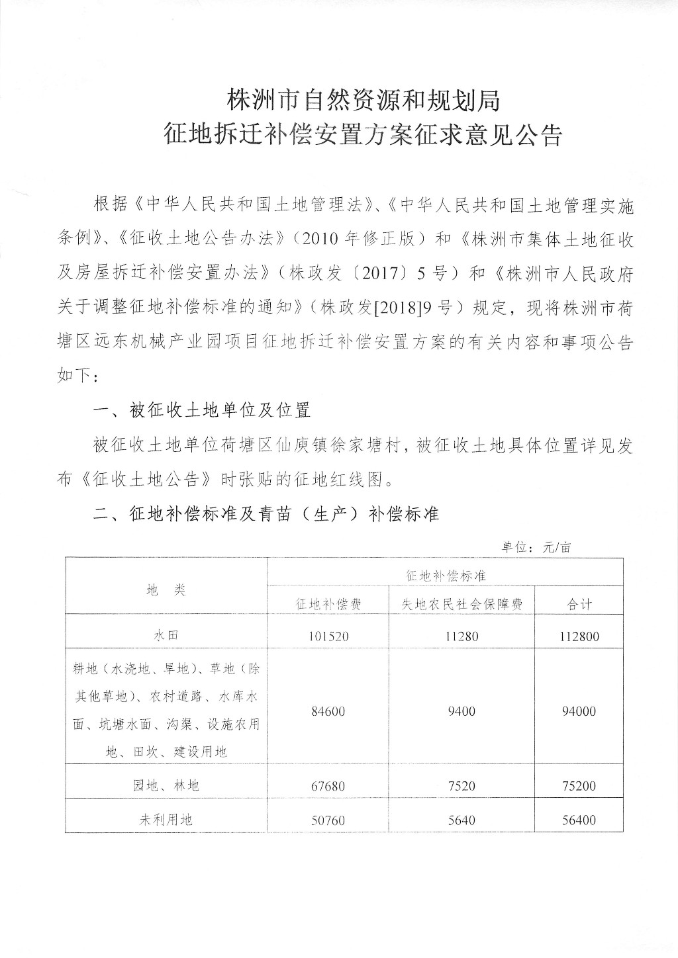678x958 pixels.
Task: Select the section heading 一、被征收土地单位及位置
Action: [x=203, y=411]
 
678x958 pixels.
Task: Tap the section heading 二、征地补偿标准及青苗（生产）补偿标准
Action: [x=267, y=514]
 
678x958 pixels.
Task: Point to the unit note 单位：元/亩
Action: [x=536, y=548]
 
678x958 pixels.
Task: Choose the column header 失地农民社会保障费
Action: [x=461, y=604]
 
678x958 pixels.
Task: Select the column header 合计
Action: [x=580, y=604]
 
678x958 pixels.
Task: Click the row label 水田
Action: [x=166, y=636]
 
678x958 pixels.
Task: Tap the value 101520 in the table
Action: [x=328, y=636]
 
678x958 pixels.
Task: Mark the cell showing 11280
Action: [x=461, y=636]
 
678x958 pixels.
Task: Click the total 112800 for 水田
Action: [x=579, y=637]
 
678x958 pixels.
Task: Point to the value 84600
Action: [x=328, y=712]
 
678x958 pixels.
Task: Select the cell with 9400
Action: [x=461, y=712]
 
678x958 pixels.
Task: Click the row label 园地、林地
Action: [x=166, y=786]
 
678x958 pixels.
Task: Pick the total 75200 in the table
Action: [x=579, y=786]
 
